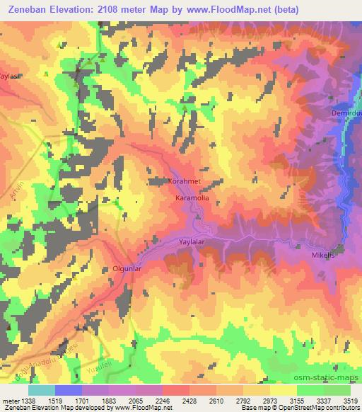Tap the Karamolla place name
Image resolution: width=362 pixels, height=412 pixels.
click(x=192, y=199)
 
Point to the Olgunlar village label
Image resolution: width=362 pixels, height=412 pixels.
click(x=129, y=269)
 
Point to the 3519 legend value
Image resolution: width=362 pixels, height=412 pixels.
click(x=351, y=400)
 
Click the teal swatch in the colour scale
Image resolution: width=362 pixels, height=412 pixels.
click(x=41, y=390)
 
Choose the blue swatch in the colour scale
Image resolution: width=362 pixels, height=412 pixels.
click(x=68, y=390)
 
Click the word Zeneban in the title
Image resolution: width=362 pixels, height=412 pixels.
click(x=28, y=9)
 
